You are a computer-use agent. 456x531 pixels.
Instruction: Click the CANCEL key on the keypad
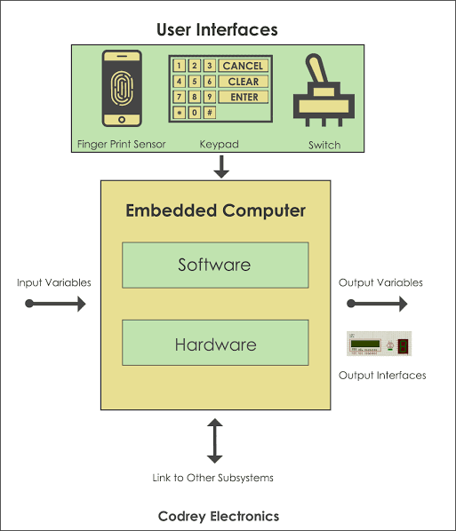243,66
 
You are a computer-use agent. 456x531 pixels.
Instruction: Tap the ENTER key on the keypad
243,97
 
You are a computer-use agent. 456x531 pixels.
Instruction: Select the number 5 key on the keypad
195,82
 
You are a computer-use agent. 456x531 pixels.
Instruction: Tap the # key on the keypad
210,113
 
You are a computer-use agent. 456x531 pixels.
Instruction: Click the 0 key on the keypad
195,113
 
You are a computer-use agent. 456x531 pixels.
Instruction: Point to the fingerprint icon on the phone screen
122,88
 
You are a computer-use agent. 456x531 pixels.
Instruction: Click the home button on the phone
122,120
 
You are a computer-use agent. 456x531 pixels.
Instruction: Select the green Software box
215,265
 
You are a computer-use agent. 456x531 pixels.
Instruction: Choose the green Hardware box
215,343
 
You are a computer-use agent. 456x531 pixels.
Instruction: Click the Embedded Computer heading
216,210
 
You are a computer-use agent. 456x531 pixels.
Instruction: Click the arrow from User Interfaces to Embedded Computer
221,167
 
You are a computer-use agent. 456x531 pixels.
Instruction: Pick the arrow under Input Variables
55,304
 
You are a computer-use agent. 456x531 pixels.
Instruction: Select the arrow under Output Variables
377,304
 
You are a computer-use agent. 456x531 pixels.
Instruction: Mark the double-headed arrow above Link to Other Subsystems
214,440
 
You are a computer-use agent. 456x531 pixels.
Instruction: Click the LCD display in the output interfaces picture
365,344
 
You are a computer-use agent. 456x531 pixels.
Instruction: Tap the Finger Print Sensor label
122,144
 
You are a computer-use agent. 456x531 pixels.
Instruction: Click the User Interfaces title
217,29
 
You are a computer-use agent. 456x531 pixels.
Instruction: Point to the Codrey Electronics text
219,517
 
